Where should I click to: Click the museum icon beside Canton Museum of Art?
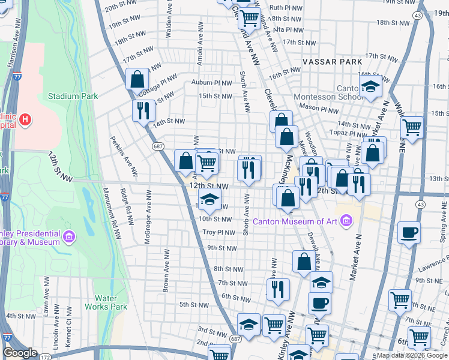click(x=345, y=222)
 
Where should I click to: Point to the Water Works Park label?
click(x=110, y=302)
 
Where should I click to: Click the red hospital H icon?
click(x=25, y=119)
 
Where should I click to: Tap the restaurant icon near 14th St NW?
click(x=143, y=110)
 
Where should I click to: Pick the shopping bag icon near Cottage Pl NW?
click(x=137, y=79)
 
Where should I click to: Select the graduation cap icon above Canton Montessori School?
click(x=370, y=87)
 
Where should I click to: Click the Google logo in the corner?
click(x=20, y=353)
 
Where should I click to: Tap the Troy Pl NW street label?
click(x=218, y=232)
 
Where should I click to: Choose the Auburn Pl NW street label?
click(x=211, y=82)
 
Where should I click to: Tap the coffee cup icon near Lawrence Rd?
click(x=409, y=233)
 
